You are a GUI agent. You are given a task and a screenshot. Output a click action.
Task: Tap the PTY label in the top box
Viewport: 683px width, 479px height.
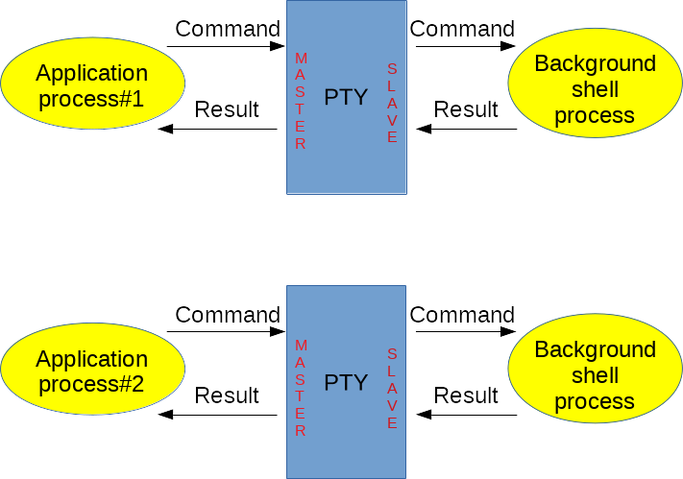click(x=346, y=97)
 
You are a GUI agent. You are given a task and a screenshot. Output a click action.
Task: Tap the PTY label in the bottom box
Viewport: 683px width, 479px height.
click(x=346, y=383)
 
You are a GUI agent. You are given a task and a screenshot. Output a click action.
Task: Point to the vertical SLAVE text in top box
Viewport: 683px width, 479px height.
click(x=392, y=104)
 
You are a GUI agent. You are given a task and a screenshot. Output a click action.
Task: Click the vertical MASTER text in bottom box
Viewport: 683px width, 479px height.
click(x=301, y=388)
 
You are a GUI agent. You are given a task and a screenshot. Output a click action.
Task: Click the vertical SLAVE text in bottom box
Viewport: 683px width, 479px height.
click(x=392, y=389)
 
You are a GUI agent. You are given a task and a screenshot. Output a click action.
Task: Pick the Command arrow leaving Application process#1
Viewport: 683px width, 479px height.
click(x=227, y=46)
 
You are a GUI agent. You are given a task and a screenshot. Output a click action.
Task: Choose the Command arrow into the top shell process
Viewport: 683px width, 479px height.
click(x=465, y=46)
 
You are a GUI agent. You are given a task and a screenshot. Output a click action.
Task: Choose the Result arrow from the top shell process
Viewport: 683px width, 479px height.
click(x=466, y=129)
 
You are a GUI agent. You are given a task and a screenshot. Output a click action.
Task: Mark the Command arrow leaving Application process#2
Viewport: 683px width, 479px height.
click(x=227, y=332)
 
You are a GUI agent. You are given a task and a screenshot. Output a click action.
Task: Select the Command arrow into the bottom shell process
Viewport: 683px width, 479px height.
click(x=465, y=332)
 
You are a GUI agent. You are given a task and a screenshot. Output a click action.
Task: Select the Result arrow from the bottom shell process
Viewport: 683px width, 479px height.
click(x=466, y=415)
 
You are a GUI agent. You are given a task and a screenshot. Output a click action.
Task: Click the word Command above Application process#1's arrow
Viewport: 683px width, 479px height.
click(x=228, y=29)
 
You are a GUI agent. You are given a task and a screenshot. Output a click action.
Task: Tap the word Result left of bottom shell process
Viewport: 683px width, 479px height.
click(x=466, y=395)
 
